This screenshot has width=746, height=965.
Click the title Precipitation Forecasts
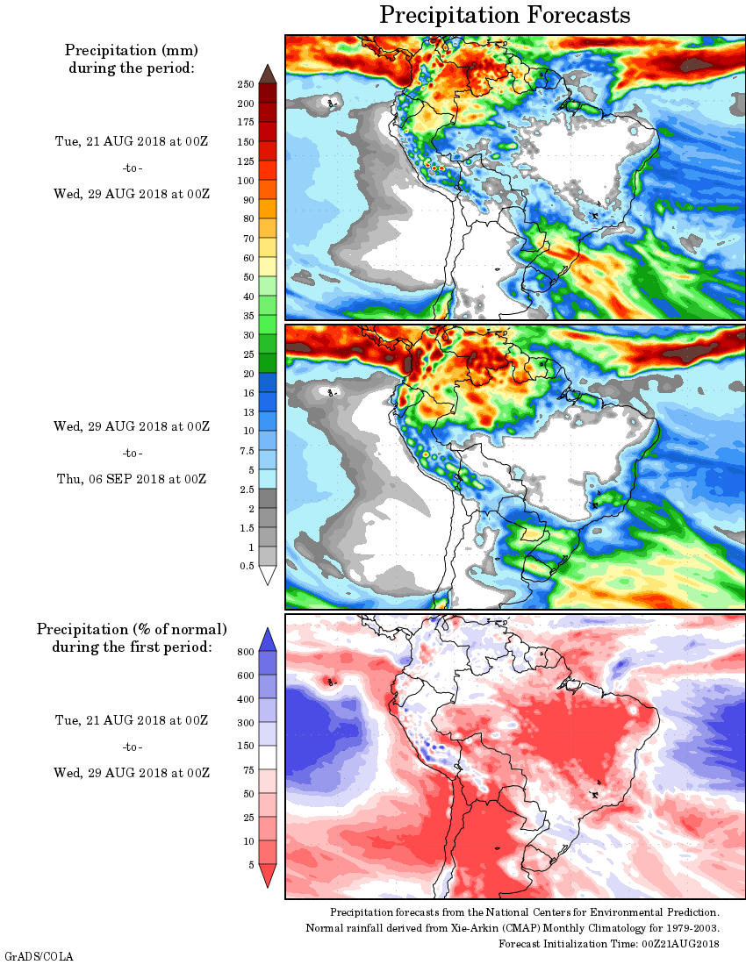(505, 15)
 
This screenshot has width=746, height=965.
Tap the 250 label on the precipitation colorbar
(246, 84)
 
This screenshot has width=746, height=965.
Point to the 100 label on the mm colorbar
(246, 181)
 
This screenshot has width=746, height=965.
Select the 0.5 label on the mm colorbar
(247, 566)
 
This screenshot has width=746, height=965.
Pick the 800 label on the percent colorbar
(246, 652)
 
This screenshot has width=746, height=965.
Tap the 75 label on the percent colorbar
(248, 770)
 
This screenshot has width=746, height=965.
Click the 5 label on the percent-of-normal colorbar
(251, 865)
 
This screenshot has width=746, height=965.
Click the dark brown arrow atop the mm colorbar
(268, 73)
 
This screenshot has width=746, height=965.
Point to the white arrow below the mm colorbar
(268, 575)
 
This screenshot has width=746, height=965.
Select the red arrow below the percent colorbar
(268, 876)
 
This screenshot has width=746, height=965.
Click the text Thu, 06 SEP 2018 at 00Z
(132, 479)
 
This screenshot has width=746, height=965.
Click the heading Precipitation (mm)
(132, 50)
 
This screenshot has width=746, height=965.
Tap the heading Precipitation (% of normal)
(132, 629)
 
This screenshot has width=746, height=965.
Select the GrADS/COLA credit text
(26, 955)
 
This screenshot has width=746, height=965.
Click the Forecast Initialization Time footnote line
(609, 943)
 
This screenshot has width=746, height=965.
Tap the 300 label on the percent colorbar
(246, 723)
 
